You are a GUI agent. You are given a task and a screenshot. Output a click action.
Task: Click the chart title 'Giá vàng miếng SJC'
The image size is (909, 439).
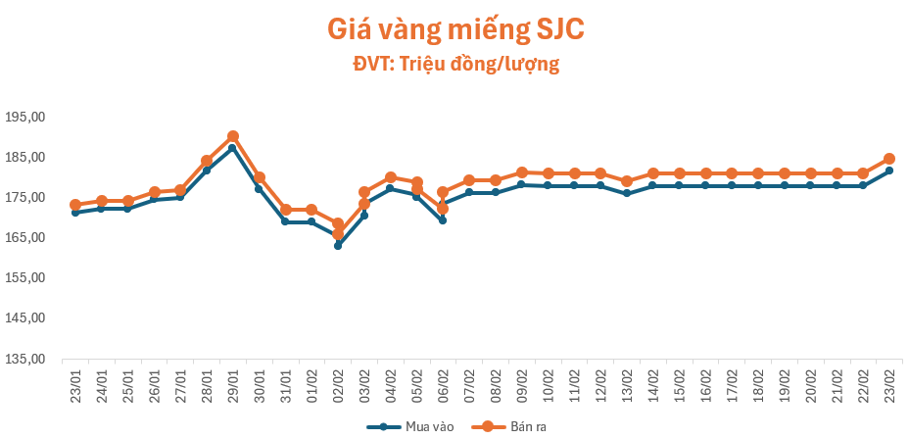coord(454,29)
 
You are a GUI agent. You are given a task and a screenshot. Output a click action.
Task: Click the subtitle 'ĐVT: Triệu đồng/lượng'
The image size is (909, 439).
coord(454,65)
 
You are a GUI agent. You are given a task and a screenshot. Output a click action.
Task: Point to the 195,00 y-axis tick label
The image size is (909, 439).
coord(25,117)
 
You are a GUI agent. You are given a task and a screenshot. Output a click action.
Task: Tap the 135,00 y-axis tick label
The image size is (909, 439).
coord(25,359)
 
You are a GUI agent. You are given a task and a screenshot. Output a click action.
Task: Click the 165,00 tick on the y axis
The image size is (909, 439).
coord(25,238)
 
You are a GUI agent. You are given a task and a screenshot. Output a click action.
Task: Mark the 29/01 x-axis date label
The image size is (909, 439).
coord(233,383)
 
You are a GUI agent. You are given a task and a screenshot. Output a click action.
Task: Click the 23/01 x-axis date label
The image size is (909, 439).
coord(75,383)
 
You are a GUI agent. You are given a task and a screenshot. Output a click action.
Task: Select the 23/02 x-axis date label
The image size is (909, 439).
coord(889,383)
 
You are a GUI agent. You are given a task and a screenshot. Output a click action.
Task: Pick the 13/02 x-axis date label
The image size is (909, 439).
coord(627,383)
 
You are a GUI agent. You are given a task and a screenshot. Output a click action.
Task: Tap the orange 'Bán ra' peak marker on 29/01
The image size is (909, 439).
coord(233,136)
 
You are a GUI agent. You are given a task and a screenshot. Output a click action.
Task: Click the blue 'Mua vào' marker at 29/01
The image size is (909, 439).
coord(233,148)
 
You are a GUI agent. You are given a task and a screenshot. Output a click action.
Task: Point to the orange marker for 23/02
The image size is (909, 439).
coord(889,159)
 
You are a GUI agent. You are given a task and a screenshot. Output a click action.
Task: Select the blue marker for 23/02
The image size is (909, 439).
coord(889,171)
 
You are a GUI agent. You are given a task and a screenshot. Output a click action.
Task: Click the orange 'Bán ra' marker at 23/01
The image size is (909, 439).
coord(75,205)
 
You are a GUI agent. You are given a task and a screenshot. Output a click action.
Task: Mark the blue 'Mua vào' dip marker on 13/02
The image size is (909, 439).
coord(627,193)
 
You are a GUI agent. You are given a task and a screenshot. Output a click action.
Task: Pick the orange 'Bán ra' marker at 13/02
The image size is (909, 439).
coord(627,181)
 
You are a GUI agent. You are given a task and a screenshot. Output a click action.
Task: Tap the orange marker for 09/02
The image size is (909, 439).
coord(522,172)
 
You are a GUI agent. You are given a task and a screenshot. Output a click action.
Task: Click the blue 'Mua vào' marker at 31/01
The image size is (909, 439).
coord(285,221)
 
